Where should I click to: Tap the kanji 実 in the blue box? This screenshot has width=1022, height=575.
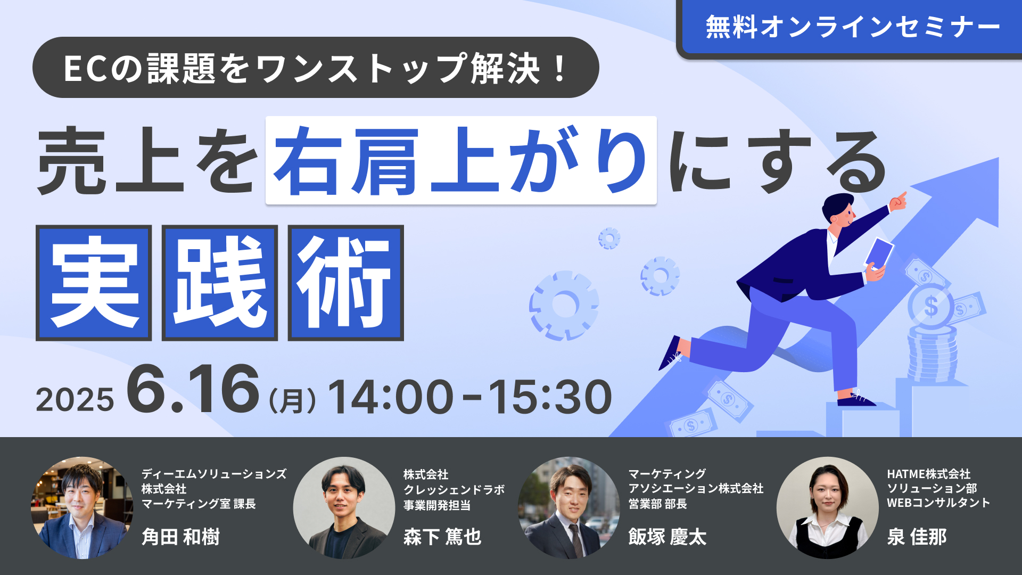94,283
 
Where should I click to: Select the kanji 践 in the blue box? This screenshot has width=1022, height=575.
220,283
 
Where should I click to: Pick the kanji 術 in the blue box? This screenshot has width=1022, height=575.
346,283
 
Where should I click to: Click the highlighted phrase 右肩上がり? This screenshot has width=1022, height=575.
461,160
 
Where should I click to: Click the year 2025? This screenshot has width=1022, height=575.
75,400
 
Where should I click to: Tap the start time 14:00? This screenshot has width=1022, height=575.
390,397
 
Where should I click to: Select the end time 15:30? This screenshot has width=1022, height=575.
550,397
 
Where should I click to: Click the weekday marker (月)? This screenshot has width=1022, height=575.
292,401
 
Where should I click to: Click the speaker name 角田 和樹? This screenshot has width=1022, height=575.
181,537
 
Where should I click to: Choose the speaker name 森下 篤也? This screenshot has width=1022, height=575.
442,537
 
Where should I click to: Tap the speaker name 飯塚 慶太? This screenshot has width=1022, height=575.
667,537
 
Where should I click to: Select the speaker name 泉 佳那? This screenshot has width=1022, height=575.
917,537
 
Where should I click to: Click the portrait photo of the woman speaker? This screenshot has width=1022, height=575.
827,507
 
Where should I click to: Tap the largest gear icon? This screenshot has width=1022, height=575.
564,306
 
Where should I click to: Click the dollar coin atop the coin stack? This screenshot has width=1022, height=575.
930,306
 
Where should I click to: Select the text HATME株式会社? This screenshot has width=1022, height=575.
928,474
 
